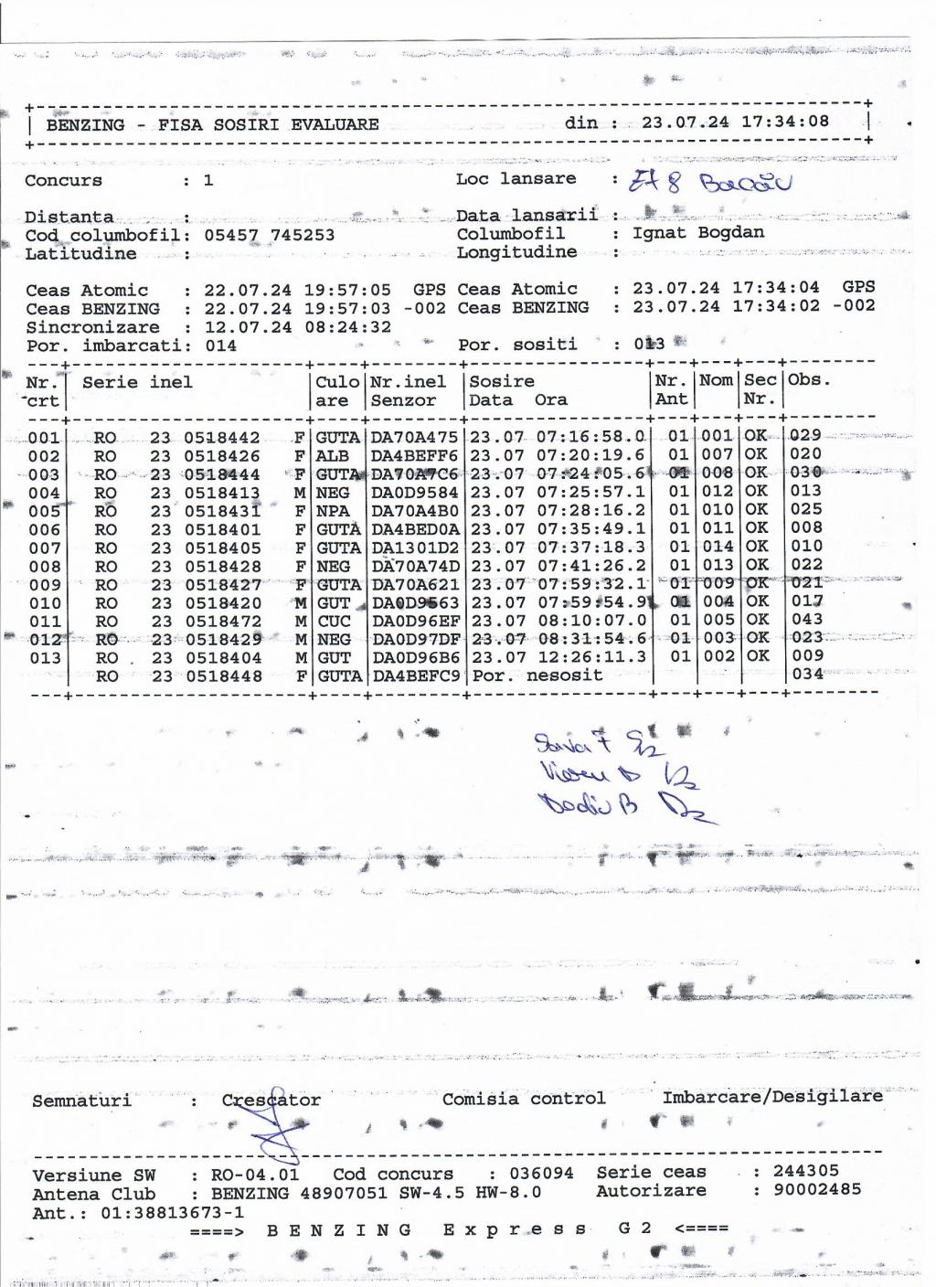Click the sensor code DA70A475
coord(414,438)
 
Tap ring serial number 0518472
coord(223,622)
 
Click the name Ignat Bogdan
coord(698,232)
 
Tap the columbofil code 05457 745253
coord(269,235)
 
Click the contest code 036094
coord(542,1174)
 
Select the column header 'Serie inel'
coord(137,382)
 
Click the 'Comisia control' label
coord(524,1099)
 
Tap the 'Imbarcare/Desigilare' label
coord(772,1096)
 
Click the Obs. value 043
coord(807,619)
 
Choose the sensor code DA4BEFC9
coord(415,676)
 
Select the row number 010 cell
coord(45,603)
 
